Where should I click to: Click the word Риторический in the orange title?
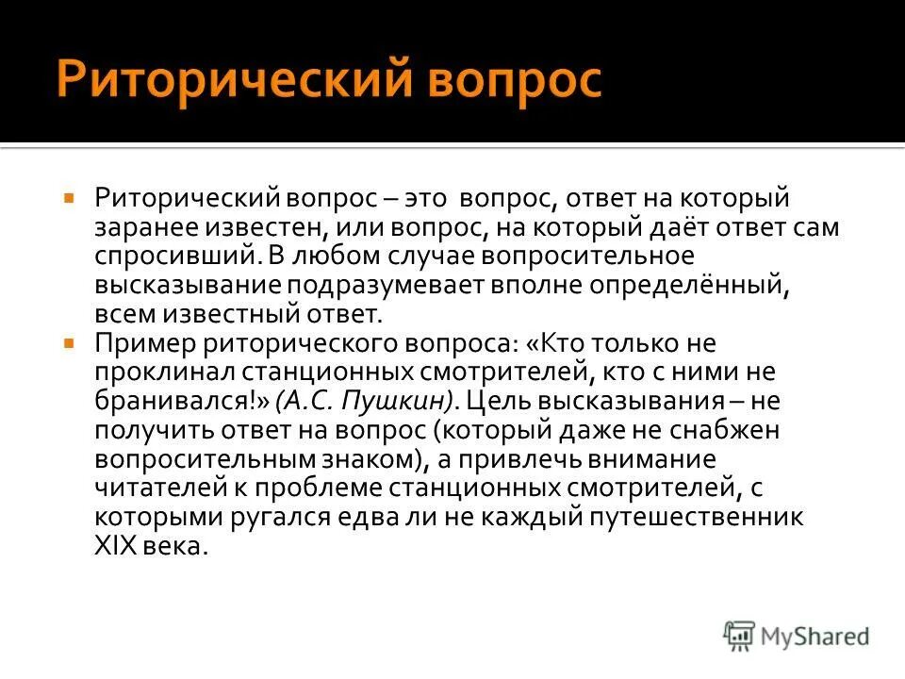[231, 79]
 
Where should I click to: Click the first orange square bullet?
[69, 200]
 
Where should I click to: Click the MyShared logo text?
[816, 637]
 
